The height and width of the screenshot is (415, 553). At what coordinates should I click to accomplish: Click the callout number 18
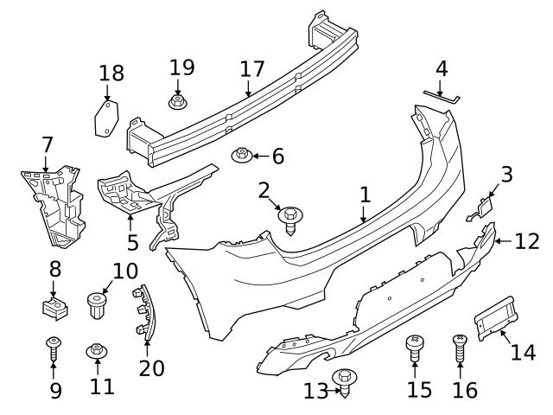[111, 73]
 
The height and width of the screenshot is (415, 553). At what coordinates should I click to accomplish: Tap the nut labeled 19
[178, 103]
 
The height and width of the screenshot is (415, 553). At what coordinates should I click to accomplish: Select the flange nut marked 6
[243, 156]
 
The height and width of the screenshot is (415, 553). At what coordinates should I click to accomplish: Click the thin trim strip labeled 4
[442, 95]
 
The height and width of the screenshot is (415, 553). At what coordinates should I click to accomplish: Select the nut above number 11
[97, 351]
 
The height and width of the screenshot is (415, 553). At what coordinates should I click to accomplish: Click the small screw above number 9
[54, 348]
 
